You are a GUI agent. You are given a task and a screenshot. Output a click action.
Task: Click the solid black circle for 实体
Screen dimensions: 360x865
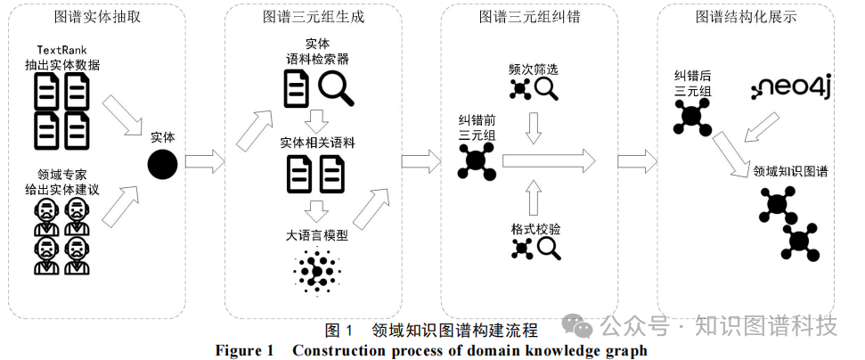coord(162,164)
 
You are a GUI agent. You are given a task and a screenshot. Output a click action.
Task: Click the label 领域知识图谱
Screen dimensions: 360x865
coord(790,171)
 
